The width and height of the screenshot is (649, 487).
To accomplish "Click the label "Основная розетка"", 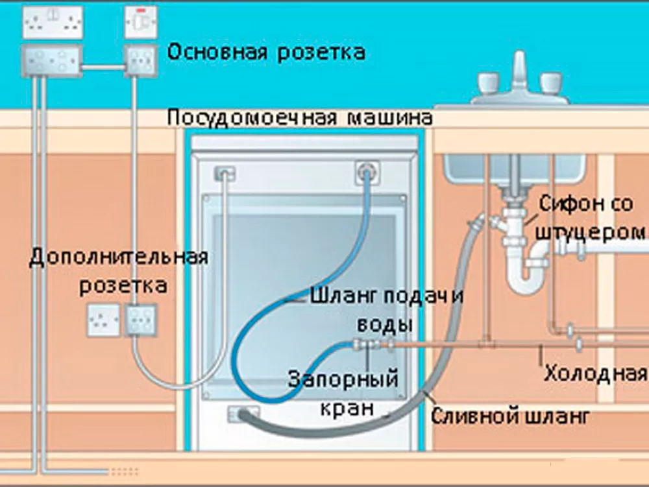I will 266,53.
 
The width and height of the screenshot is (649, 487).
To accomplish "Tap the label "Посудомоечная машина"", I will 299,118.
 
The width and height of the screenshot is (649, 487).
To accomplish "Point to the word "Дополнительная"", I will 119,257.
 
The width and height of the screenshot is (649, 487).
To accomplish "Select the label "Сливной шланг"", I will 511,415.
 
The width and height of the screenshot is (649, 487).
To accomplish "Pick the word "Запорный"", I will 343,377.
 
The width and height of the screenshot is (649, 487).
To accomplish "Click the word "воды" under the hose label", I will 386,322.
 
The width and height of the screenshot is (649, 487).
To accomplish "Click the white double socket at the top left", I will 53,23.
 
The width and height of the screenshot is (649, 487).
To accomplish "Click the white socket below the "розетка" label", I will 104,320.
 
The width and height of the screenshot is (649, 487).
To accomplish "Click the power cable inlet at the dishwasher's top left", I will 225,174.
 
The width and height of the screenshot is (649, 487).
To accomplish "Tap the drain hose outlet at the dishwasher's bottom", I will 242,413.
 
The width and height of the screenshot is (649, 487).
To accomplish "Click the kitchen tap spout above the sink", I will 519,68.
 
